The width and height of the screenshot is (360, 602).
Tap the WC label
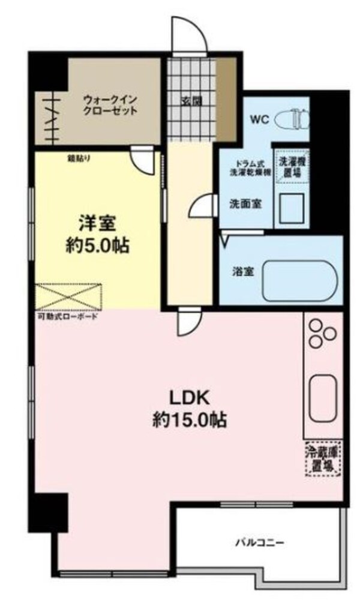(259, 118)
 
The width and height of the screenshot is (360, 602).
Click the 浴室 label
(243, 271)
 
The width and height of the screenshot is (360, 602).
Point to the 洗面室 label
(245, 203)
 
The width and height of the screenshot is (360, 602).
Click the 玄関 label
(191, 100)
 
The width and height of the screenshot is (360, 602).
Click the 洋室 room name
(97, 223)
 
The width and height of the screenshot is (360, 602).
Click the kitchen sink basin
(323, 397)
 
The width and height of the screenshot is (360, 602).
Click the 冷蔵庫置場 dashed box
(322, 459)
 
